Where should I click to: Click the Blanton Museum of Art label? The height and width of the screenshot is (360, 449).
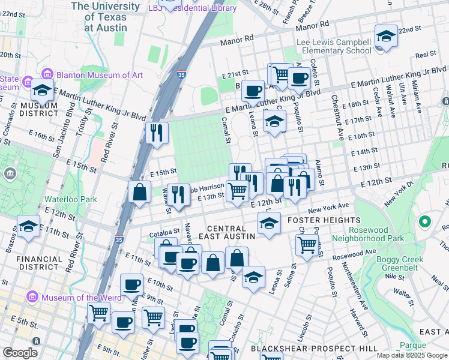[x=100, y=75]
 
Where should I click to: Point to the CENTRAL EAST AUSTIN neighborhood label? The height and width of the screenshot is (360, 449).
[x=226, y=232]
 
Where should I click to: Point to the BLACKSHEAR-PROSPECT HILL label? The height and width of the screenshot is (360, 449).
[x=315, y=348]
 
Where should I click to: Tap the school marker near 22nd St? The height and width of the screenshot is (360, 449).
[x=386, y=36]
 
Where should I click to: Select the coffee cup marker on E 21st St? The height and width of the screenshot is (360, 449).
[x=298, y=77]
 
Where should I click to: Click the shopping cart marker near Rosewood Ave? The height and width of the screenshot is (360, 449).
[x=307, y=244]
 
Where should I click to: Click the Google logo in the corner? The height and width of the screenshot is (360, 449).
[x=20, y=353]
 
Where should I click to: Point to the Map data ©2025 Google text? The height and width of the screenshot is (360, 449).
[x=412, y=355]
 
